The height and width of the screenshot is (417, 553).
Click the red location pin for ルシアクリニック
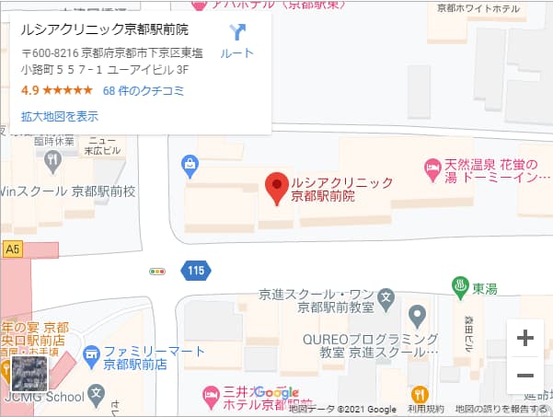click(276, 188)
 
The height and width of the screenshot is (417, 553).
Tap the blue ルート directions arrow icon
click(237, 33)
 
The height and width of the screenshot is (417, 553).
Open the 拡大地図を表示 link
click(60, 117)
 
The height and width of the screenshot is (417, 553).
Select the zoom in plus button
click(525, 338)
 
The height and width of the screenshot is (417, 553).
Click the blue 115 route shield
click(195, 271)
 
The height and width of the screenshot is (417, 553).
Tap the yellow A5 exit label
click(12, 249)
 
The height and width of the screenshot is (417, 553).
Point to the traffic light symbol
click(157, 272)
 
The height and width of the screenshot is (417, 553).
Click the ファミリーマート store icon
click(91, 353)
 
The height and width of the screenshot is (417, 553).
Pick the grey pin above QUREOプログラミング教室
click(418, 318)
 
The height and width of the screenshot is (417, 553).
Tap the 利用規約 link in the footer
click(425, 409)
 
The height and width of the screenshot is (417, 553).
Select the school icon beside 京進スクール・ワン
click(386, 299)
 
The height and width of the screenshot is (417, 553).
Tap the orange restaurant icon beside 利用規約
click(420, 393)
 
